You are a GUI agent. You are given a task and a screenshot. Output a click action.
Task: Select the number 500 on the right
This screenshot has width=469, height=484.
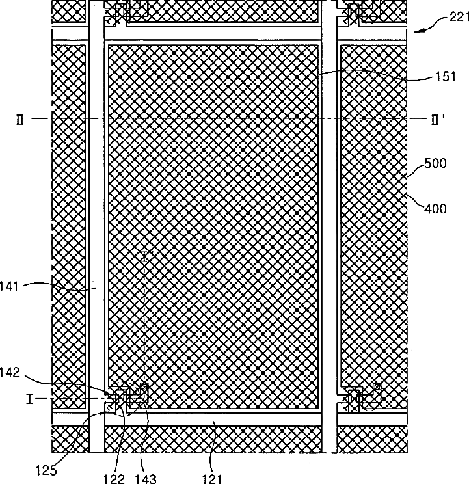pos(435,163)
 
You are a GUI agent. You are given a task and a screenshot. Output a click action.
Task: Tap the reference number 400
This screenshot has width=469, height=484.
pos(435,208)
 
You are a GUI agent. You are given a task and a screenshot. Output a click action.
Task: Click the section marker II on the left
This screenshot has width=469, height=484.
pos(23,119)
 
